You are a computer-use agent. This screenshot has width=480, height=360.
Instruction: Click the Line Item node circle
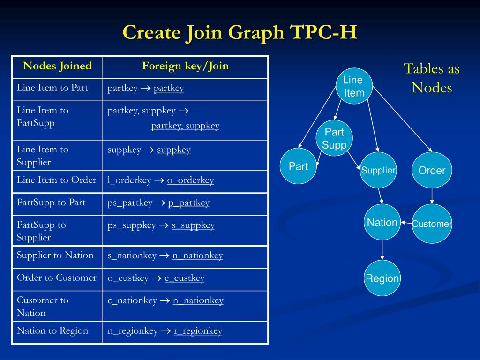click(354, 86)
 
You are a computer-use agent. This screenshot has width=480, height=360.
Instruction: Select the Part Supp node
click(334, 139)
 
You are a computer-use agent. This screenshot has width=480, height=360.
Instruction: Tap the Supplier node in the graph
click(378, 170)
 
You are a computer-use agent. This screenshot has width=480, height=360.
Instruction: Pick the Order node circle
click(432, 170)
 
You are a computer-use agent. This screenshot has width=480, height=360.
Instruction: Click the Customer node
click(432, 224)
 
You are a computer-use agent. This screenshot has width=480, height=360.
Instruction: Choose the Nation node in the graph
click(382, 222)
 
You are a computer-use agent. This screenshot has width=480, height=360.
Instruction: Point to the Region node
click(382, 278)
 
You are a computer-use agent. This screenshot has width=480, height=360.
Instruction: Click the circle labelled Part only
click(298, 166)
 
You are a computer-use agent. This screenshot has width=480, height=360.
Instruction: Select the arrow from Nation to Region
click(382, 250)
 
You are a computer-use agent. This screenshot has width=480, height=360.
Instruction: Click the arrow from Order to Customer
click(432, 196)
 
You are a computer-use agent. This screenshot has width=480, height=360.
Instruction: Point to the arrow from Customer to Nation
click(406, 223)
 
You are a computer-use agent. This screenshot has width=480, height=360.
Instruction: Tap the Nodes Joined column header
click(57, 66)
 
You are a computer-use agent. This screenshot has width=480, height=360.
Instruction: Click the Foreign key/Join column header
click(185, 66)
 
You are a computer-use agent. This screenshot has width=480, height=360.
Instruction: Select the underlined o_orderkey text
click(190, 180)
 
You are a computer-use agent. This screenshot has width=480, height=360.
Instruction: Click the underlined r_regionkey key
click(198, 331)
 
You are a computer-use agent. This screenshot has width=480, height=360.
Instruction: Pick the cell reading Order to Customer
click(57, 277)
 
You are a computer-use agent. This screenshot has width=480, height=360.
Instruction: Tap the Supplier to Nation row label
click(55, 255)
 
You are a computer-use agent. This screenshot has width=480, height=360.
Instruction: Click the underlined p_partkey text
click(188, 203)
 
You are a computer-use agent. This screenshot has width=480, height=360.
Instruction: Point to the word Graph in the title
click(256, 33)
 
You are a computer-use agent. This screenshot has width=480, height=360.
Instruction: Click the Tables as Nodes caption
click(432, 78)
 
